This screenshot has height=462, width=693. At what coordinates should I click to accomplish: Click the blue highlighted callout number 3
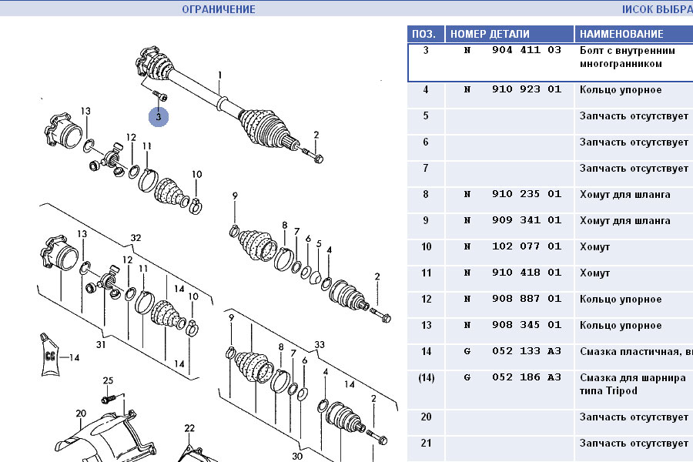159,117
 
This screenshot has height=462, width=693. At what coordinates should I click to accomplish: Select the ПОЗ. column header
425,34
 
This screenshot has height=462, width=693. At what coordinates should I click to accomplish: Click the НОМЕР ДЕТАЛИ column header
490,34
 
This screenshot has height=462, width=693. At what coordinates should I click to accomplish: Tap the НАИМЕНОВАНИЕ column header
621,34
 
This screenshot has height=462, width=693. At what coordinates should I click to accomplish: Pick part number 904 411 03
526,51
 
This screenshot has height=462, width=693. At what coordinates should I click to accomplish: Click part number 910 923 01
526,90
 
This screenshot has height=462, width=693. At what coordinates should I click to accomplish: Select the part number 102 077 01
526,247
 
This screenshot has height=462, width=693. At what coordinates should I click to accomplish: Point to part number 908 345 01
526,326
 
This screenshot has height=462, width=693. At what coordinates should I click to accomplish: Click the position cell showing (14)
425,378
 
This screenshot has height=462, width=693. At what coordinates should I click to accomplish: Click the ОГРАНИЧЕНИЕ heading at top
219,9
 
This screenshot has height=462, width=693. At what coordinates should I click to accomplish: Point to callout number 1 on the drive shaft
219,75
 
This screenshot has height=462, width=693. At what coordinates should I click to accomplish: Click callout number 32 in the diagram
136,238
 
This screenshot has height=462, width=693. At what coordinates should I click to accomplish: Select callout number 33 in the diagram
320,344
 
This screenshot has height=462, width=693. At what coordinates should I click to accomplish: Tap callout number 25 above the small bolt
108,381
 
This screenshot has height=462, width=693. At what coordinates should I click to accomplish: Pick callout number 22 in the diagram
189,428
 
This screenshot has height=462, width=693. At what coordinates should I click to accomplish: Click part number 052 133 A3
526,352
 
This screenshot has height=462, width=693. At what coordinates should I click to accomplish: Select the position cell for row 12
425,300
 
